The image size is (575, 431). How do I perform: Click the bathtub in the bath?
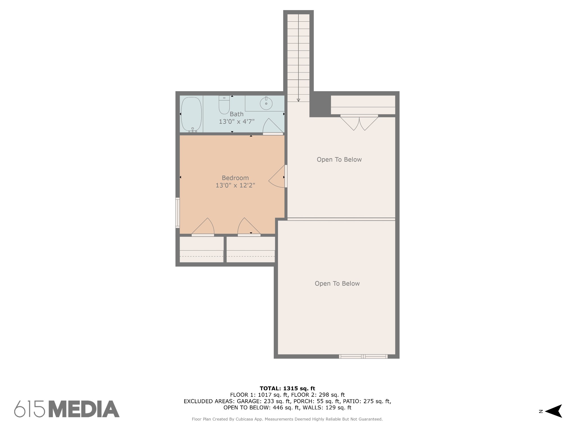(191, 114)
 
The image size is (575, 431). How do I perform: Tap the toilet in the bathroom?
(224, 105)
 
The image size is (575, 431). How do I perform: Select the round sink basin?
(266, 104)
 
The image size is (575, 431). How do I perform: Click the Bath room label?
(237, 114)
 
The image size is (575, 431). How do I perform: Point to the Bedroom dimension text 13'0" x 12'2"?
(235, 185)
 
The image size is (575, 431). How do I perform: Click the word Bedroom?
(235, 178)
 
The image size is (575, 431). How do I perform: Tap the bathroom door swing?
(273, 126)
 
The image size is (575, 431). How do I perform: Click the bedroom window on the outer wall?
(177, 212)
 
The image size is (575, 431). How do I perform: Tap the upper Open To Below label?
(339, 159)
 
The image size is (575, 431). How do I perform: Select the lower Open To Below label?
(337, 283)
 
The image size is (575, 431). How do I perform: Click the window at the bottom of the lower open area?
(363, 356)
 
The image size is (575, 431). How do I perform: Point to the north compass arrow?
(553, 411)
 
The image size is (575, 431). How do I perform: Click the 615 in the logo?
(29, 409)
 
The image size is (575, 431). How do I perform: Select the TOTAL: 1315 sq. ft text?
(287, 388)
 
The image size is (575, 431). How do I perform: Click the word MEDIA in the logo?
(84, 409)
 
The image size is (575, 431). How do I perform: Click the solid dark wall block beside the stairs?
(320, 104)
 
